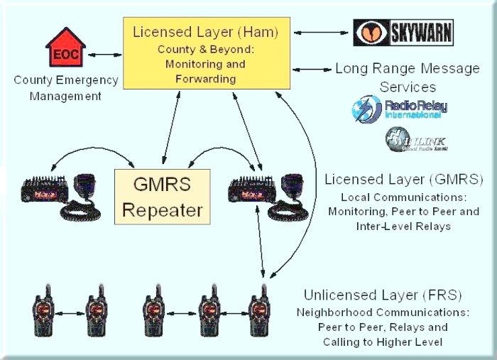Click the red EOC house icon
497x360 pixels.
point(65,48)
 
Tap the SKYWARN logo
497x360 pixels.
point(403,32)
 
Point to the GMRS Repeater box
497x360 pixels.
point(163,197)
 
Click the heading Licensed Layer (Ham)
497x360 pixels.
point(204,32)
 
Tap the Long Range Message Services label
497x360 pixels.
point(407,78)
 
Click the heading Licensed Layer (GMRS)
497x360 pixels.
point(404,179)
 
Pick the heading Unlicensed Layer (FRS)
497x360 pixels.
point(383,295)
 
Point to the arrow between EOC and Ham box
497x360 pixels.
point(104,53)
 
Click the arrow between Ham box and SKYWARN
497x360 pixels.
point(322,31)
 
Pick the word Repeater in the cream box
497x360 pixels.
point(163,210)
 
